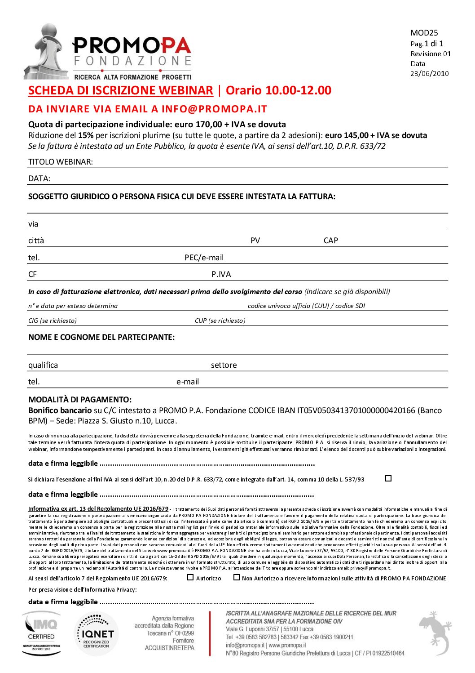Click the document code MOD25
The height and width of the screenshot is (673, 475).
(424, 33)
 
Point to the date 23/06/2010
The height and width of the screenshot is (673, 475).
(429, 74)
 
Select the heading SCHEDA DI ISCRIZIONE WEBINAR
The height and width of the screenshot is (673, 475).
(120, 90)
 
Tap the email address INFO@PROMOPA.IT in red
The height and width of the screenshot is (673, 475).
(214, 109)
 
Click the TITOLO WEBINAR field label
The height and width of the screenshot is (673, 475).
(61, 162)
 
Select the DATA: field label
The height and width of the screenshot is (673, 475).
(39, 178)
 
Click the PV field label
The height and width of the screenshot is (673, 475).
(255, 241)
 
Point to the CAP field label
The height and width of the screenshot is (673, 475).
(330, 241)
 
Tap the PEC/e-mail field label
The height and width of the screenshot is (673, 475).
(204, 258)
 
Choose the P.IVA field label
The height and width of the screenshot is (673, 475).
(221, 274)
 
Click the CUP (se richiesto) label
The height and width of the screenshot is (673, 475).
(220, 321)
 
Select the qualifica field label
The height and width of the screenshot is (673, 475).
(43, 365)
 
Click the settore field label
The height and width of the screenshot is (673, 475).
(224, 365)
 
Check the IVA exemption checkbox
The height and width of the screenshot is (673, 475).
(388, 478)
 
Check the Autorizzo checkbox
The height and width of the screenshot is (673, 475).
(190, 577)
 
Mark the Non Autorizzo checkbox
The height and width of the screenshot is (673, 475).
(237, 577)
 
